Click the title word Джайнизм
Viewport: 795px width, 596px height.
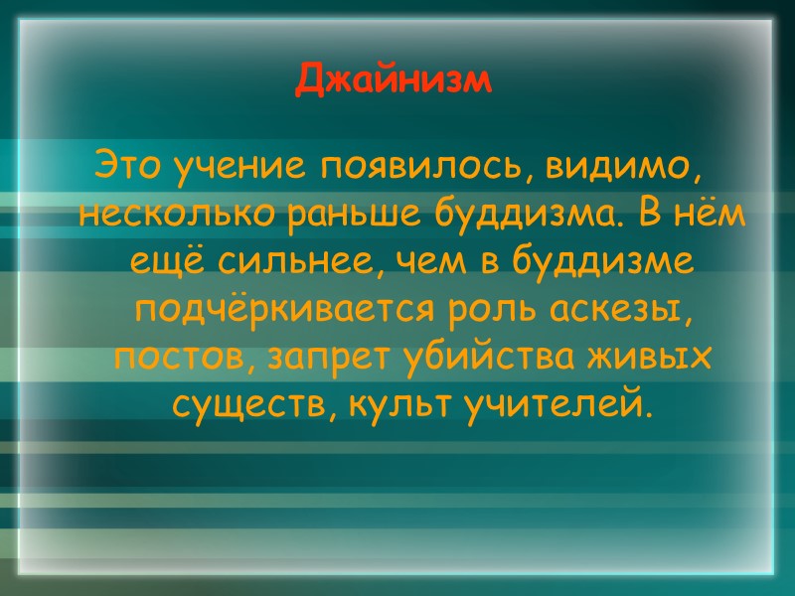(394, 80)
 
